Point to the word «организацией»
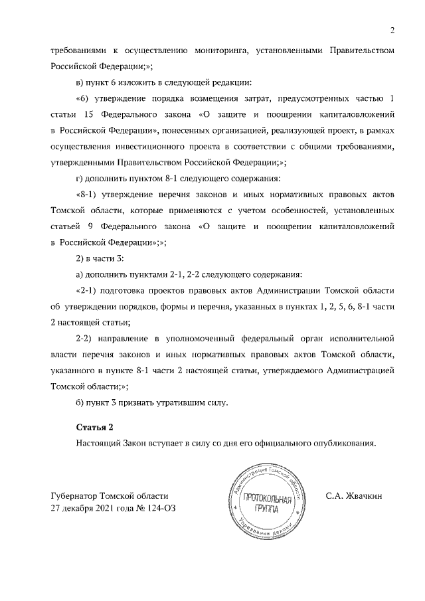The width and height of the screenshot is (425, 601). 246,131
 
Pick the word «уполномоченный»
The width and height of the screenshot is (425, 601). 197,338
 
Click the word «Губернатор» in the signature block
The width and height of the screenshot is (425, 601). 73,495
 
